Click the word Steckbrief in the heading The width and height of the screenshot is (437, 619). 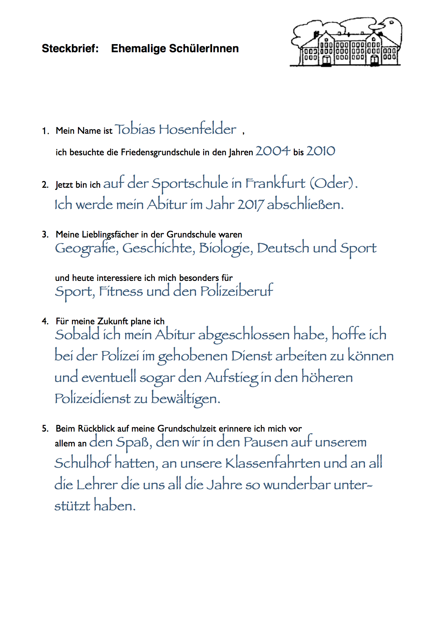pos(70,48)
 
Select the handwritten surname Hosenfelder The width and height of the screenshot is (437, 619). pos(198,130)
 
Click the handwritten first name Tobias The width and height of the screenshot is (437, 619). pos(135,130)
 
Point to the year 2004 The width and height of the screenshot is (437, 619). pos(273,151)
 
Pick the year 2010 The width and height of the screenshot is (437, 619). pos(321,151)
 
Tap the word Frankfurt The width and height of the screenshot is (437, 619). pos(275,183)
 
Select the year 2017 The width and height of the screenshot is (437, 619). pos(250,205)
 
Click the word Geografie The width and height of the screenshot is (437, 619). pos(86,248)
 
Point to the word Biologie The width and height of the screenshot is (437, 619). pos(226,248)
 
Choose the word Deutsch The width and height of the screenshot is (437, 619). pos(283,248)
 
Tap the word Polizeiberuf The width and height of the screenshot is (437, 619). pos(237,291)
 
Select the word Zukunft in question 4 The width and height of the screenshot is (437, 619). pos(113,321)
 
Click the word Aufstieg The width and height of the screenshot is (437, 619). pos(232,378)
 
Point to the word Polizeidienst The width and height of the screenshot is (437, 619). pos(93,399)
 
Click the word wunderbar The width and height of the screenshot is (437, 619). pos(297,485)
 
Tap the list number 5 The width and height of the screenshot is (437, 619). pos(45,429)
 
